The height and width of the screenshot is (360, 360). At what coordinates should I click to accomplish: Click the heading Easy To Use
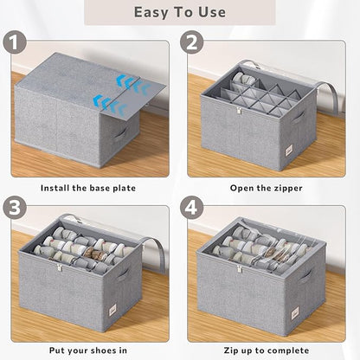(180, 12)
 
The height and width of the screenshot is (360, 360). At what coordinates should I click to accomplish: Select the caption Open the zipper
(266, 187)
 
